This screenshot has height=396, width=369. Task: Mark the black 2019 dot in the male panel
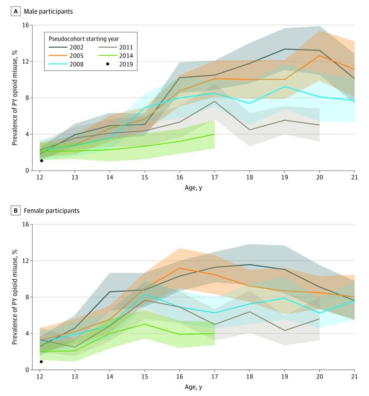click(42, 161)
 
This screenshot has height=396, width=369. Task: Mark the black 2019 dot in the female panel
click(42, 362)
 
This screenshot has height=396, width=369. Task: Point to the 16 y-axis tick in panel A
click(26, 25)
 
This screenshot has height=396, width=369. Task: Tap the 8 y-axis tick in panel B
click(27, 297)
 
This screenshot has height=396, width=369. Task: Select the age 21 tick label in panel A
click(354, 178)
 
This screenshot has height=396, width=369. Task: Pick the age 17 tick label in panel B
click(214, 377)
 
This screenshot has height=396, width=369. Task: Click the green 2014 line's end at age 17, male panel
click(214, 134)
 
